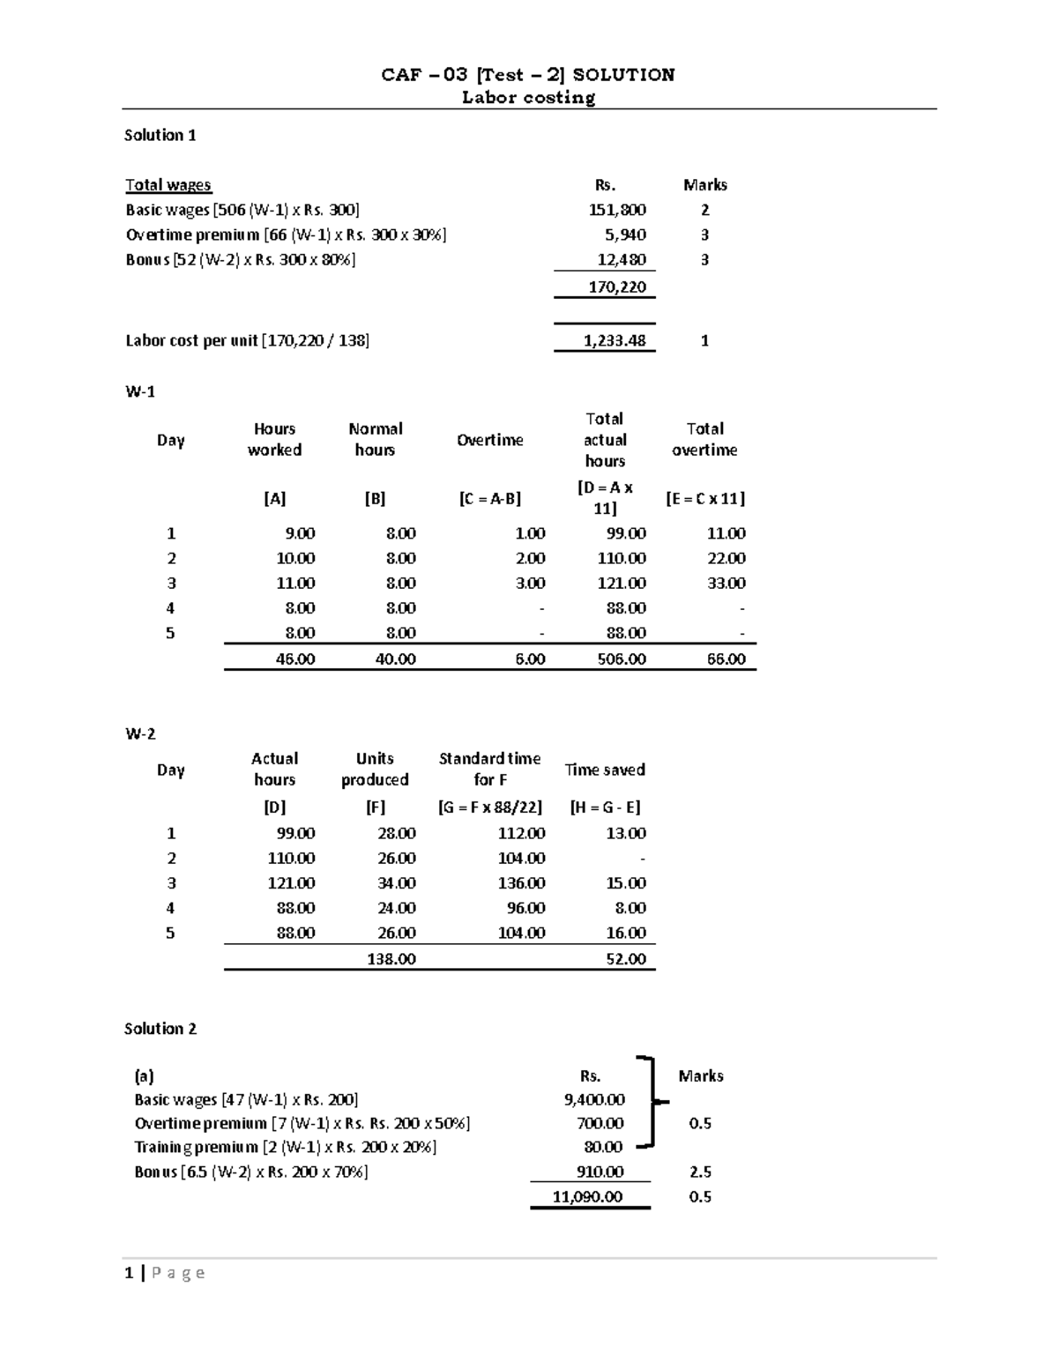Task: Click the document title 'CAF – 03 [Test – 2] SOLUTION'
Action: (528, 75)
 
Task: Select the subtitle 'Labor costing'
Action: (528, 98)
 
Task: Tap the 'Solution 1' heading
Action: (160, 135)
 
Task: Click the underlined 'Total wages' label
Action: (168, 185)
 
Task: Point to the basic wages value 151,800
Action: (617, 210)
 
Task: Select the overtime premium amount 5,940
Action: (625, 234)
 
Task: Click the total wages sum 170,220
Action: (617, 286)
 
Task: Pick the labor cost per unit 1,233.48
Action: (614, 340)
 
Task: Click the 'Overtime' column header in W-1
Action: (489, 440)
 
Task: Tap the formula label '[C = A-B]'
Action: (489, 499)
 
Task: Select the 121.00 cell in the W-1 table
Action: (621, 584)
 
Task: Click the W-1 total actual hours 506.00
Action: (621, 658)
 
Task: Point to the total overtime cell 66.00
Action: (726, 658)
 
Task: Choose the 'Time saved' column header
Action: (605, 770)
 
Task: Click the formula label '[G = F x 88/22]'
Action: (489, 807)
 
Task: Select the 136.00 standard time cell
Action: (521, 883)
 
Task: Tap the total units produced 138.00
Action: (391, 959)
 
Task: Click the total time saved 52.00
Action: (625, 959)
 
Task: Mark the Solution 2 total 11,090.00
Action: (587, 1197)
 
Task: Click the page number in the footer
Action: (130, 1273)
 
